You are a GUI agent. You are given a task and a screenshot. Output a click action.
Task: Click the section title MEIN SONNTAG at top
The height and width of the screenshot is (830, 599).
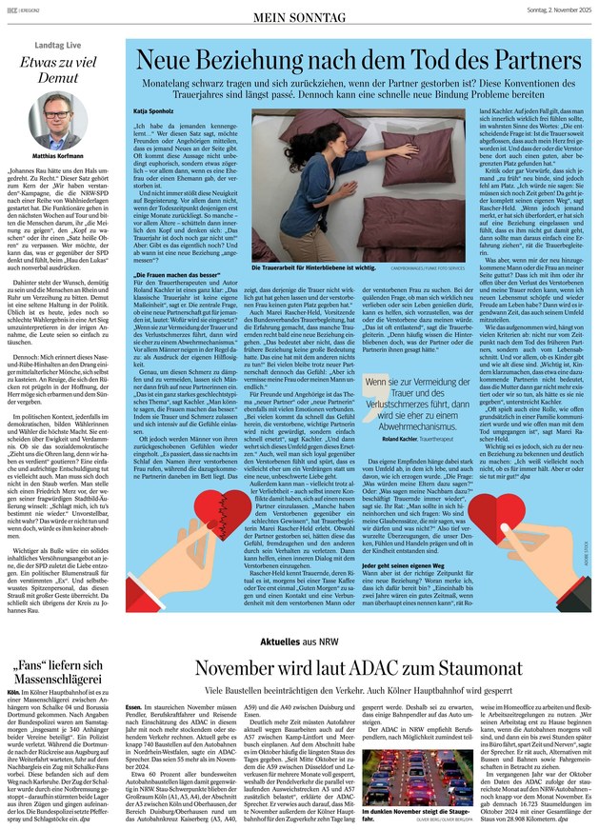coord(298,16)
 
